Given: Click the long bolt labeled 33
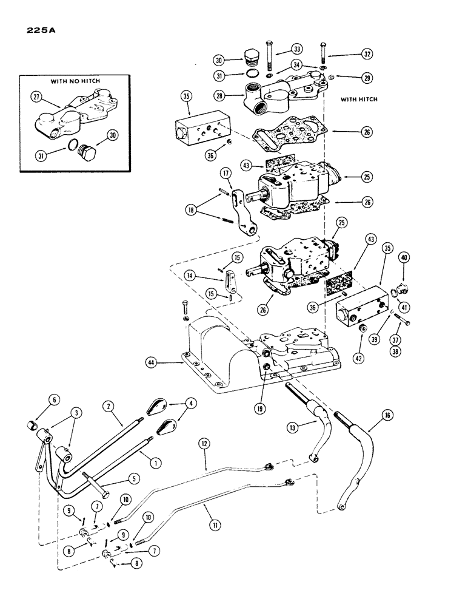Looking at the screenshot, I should pyautogui.click(x=269, y=58).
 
